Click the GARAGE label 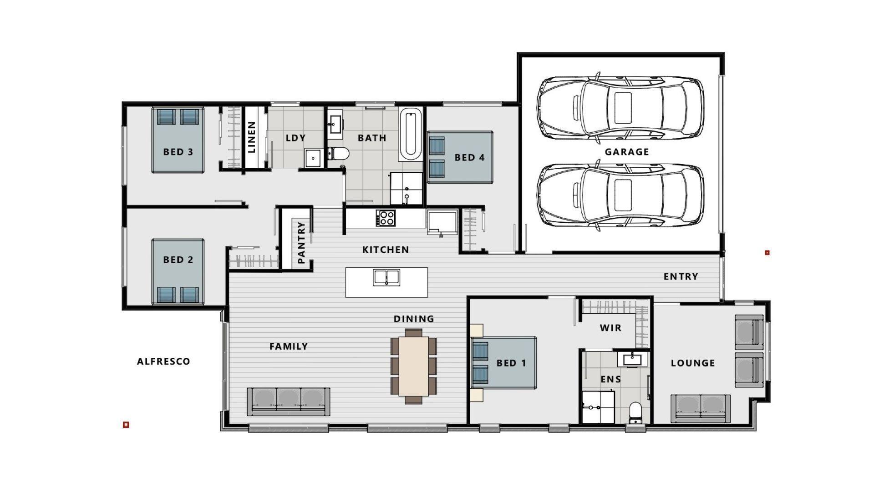(626, 152)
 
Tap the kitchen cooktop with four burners (386, 218)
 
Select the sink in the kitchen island (386, 277)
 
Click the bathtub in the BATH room (411, 134)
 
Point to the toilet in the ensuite (635, 413)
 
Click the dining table (414, 366)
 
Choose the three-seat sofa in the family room (288, 401)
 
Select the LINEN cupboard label (251, 137)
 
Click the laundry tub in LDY (313, 158)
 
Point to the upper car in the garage (620, 107)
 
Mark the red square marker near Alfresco (126, 425)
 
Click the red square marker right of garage (767, 252)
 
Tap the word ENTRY (681, 276)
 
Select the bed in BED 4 (460, 157)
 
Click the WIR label (610, 328)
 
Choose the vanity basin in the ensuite (632, 360)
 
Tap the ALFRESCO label (163, 361)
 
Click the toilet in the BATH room (339, 153)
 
